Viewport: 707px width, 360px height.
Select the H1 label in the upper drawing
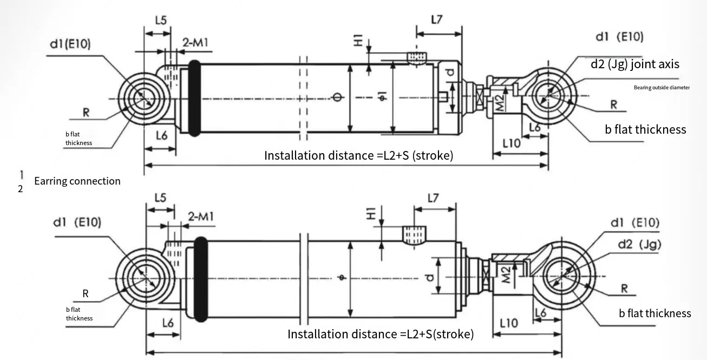coord(358,41)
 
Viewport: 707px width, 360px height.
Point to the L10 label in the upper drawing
coord(511,143)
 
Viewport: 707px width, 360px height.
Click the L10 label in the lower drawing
coord(508,324)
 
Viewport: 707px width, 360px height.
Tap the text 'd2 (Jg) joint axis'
coord(634,64)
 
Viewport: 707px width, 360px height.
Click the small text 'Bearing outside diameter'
coord(662,87)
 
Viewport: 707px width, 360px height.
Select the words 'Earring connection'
coord(77,181)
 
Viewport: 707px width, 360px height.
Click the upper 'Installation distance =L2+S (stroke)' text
coord(358,155)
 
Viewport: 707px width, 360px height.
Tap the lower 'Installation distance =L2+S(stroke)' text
coord(380,334)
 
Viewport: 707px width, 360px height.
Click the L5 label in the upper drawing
coord(160,20)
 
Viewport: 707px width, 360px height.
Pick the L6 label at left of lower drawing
coord(168,323)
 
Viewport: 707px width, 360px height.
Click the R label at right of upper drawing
coord(614,104)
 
